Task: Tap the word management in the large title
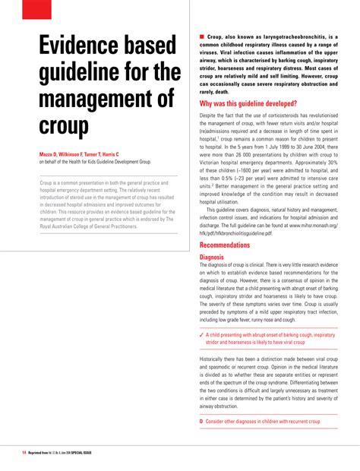click(107, 100)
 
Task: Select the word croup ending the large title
click(65, 125)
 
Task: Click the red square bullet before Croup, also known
click(202, 36)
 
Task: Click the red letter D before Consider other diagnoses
click(201, 420)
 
